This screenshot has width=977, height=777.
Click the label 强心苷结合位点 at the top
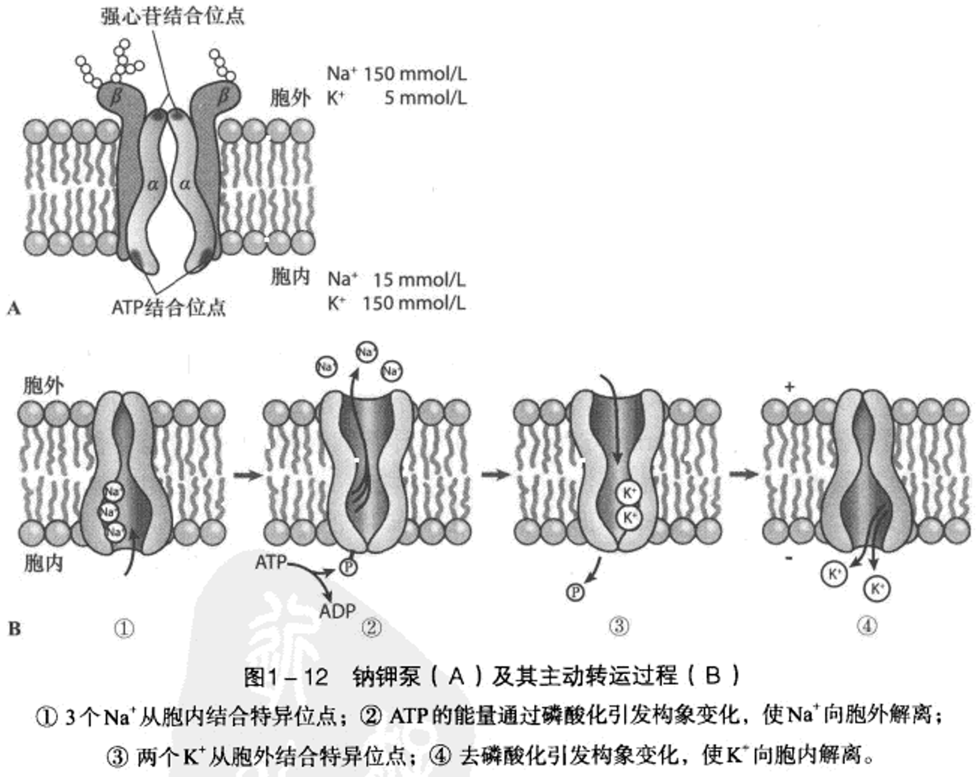(172, 16)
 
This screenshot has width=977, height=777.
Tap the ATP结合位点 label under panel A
(169, 307)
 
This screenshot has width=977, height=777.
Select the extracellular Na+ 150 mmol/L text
(396, 74)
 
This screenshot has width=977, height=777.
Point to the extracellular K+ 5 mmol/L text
(396, 98)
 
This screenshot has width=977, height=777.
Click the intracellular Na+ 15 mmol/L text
(396, 280)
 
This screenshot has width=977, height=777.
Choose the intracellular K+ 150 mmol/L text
(396, 303)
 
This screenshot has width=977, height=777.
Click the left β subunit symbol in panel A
(117, 96)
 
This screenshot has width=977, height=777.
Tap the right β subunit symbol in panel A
(224, 95)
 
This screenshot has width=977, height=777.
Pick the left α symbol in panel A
(153, 184)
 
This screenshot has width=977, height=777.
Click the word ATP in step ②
(271, 562)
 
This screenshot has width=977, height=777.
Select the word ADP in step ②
(337, 611)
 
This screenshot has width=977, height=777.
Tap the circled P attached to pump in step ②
(349, 567)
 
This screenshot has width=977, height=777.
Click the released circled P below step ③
(575, 592)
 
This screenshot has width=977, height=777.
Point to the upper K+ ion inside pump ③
(629, 493)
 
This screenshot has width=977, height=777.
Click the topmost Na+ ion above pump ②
(366, 352)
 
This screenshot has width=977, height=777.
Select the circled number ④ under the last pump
(867, 626)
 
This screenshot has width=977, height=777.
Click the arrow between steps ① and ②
(248, 475)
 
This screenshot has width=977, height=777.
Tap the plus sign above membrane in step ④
(789, 387)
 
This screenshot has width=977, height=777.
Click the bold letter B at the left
(14, 629)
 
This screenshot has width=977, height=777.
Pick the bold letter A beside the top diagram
(13, 309)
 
